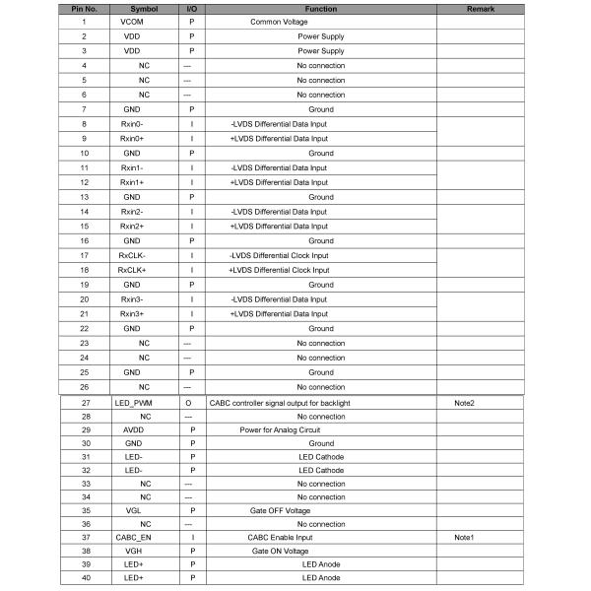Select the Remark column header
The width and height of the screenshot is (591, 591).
click(x=479, y=9)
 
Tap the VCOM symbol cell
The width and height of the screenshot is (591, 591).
click(x=131, y=22)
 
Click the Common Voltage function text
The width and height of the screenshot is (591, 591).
click(x=278, y=22)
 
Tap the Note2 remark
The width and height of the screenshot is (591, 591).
click(x=465, y=403)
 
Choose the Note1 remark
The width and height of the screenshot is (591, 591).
click(x=465, y=538)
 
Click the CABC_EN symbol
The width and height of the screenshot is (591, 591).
click(x=134, y=538)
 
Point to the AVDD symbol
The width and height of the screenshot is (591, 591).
click(x=133, y=429)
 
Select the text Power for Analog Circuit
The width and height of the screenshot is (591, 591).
click(x=280, y=429)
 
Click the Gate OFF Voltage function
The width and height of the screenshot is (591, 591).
click(x=280, y=510)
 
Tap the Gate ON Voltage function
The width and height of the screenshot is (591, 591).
click(x=281, y=552)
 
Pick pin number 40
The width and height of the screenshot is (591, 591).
click(x=86, y=577)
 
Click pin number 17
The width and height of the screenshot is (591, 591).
click(x=84, y=255)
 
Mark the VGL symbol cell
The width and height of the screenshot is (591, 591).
click(x=133, y=510)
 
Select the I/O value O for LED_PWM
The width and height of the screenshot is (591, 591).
click(x=188, y=403)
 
